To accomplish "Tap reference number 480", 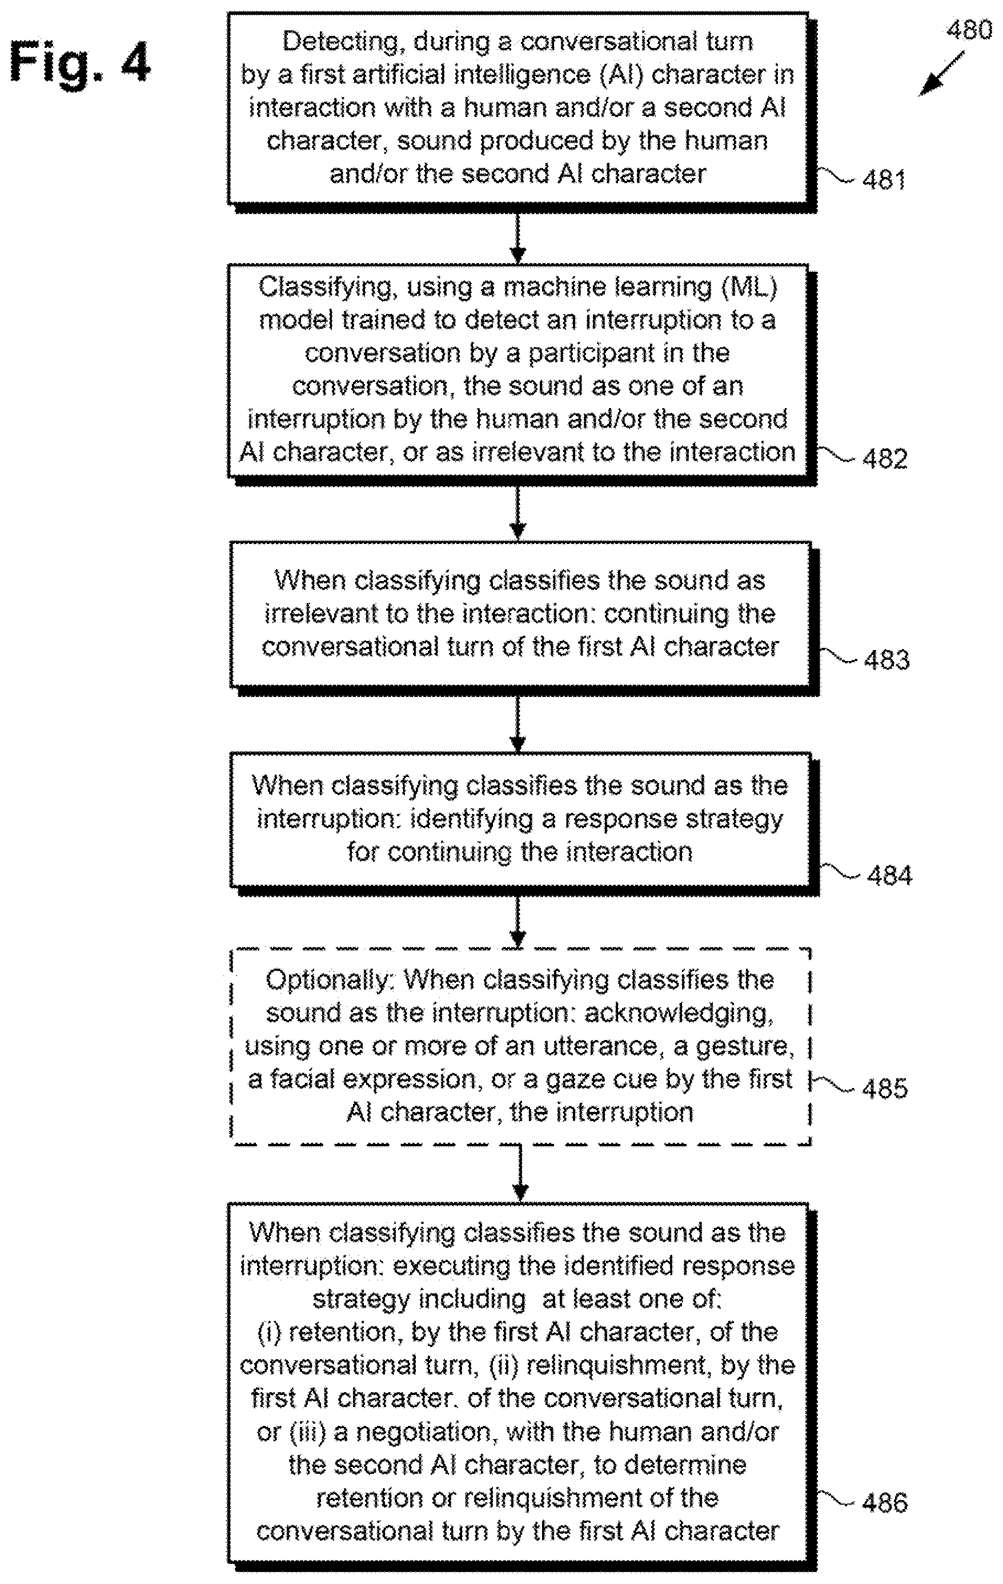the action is [x=968, y=30].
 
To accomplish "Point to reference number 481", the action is [x=884, y=180].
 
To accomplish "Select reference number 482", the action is [x=885, y=458].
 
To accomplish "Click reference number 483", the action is [x=887, y=659].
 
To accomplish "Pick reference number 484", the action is [x=890, y=876].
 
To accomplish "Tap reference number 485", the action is [x=885, y=1089].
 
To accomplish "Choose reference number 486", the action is [x=885, y=1503].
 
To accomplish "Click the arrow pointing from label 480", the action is [x=941, y=74].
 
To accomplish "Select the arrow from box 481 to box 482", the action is [x=518, y=237].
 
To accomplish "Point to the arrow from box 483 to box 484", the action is [x=518, y=724].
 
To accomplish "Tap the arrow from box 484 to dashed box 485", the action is [x=518, y=922].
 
